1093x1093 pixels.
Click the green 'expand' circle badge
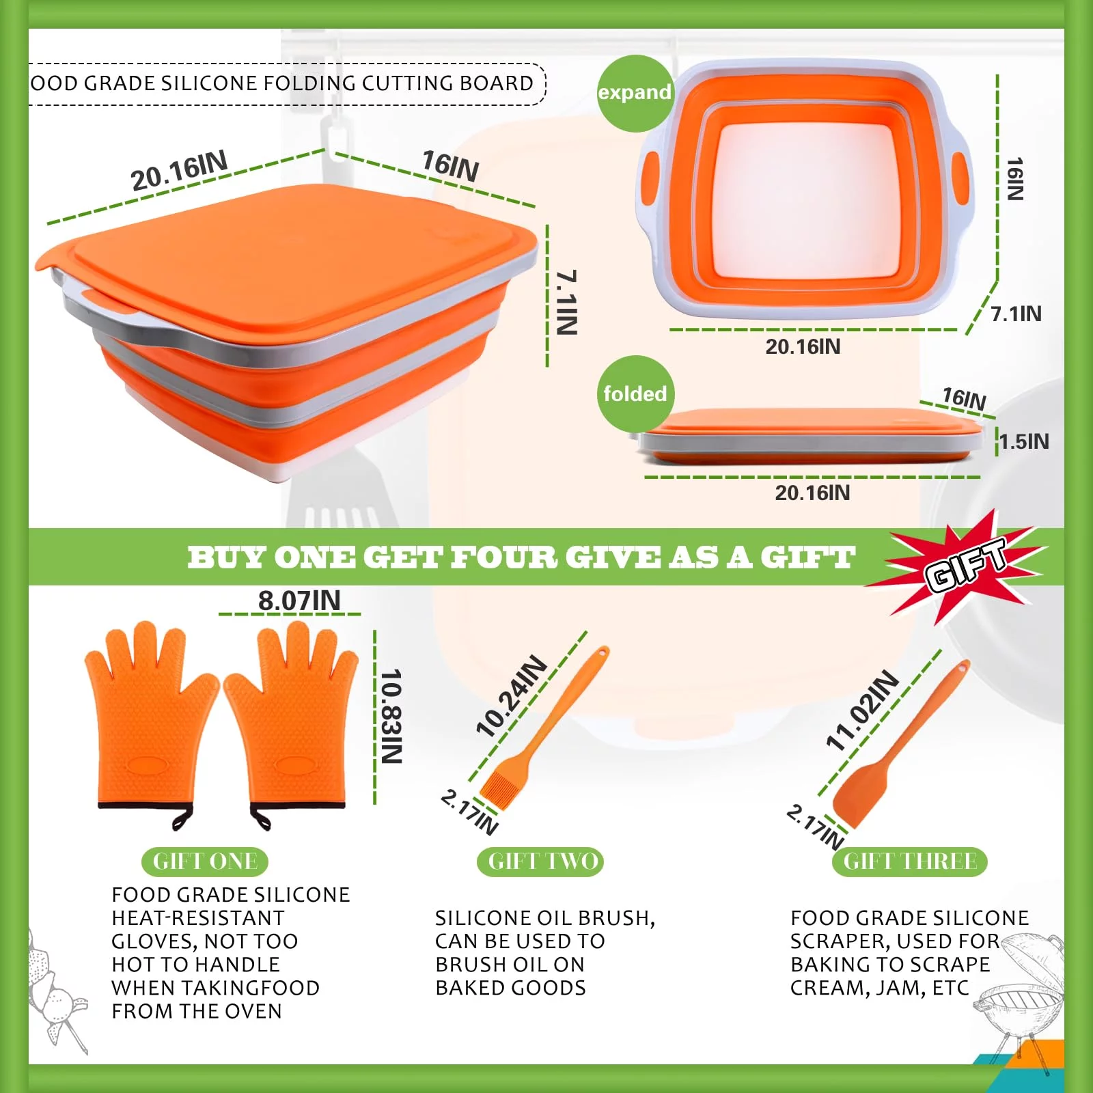[x=635, y=94]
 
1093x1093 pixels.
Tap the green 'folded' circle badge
[x=635, y=394]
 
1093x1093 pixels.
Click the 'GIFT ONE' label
[x=205, y=861]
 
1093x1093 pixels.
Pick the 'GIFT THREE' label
[x=910, y=861]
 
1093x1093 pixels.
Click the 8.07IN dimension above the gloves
[x=299, y=601]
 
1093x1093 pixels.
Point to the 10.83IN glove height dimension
[x=391, y=717]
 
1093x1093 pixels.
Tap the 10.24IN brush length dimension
[x=512, y=696]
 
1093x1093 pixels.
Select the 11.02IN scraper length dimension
[x=863, y=710]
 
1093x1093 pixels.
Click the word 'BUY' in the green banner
[x=225, y=557]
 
